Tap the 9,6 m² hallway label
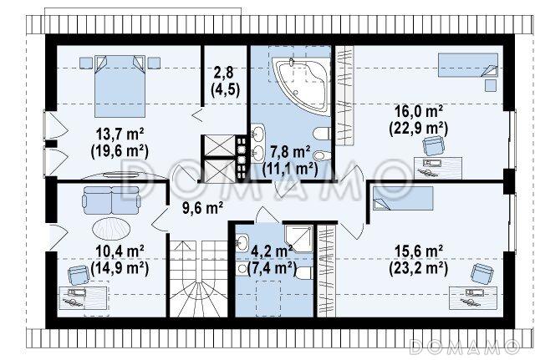pos(202,207)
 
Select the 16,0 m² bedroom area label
pos(419,111)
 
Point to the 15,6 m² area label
pos(419,251)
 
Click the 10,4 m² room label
pos(120,251)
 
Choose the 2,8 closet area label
pos(224,73)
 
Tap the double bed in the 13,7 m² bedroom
pos(120,86)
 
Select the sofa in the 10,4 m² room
pos(111,200)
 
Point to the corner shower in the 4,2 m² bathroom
pos(298,238)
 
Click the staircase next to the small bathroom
pos(198,279)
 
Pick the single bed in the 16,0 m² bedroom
pos(468,65)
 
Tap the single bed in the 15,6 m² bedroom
pos(403,198)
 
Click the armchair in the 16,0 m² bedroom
pos(433,145)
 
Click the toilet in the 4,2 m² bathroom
pos(303,273)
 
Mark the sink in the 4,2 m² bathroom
pos(242,243)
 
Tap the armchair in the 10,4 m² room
pos(79,275)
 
